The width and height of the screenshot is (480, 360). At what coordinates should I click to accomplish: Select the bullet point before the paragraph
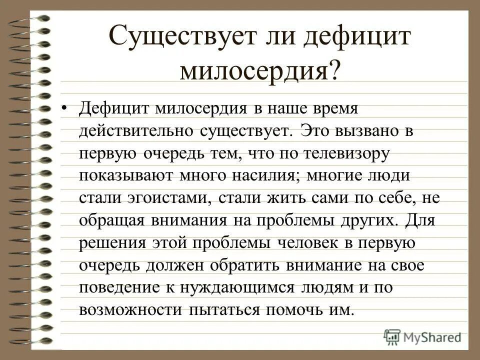63,107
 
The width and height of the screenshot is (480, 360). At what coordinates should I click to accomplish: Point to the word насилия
264,176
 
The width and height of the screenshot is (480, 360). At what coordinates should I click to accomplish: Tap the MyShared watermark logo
422,336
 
